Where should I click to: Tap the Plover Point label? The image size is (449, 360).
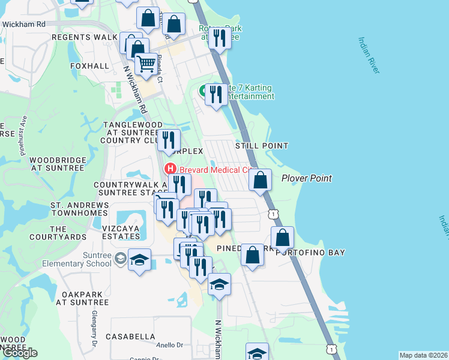click(307, 178)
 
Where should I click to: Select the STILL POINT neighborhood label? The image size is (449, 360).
click(261, 146)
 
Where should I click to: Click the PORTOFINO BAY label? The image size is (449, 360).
click(310, 253)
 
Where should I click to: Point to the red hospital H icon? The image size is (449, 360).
click(170, 169)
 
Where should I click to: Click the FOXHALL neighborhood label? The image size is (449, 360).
click(89, 66)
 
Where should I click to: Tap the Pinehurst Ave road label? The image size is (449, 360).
click(22, 136)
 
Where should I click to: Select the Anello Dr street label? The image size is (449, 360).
click(170, 345)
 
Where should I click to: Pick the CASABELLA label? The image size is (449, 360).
click(130, 337)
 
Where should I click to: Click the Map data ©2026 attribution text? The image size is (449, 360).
click(423, 355)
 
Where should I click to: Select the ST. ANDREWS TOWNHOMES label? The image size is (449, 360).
click(80, 209)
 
